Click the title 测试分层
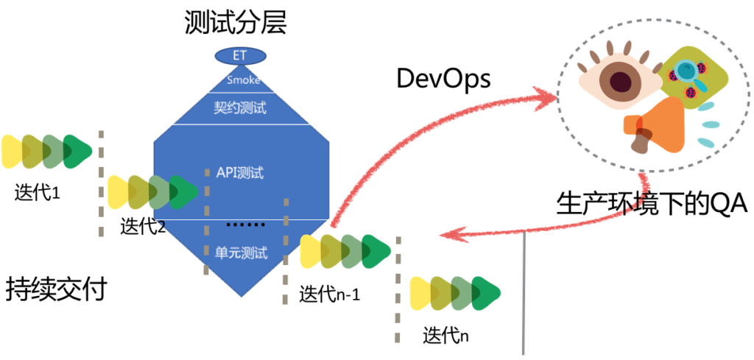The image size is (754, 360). pyautogui.click(x=236, y=22)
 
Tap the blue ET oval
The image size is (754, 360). pyautogui.click(x=240, y=55)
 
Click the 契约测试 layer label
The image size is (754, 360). pyautogui.click(x=240, y=107)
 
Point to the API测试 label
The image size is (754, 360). pyautogui.click(x=240, y=174)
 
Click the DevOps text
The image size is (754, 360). pyautogui.click(x=443, y=79)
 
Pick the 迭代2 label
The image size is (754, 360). pyautogui.click(x=142, y=227)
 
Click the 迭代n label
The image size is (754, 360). pyautogui.click(x=445, y=335)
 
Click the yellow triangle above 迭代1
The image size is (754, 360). pyautogui.click(x=13, y=150)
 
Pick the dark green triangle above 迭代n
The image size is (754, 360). pyautogui.click(x=487, y=292)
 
